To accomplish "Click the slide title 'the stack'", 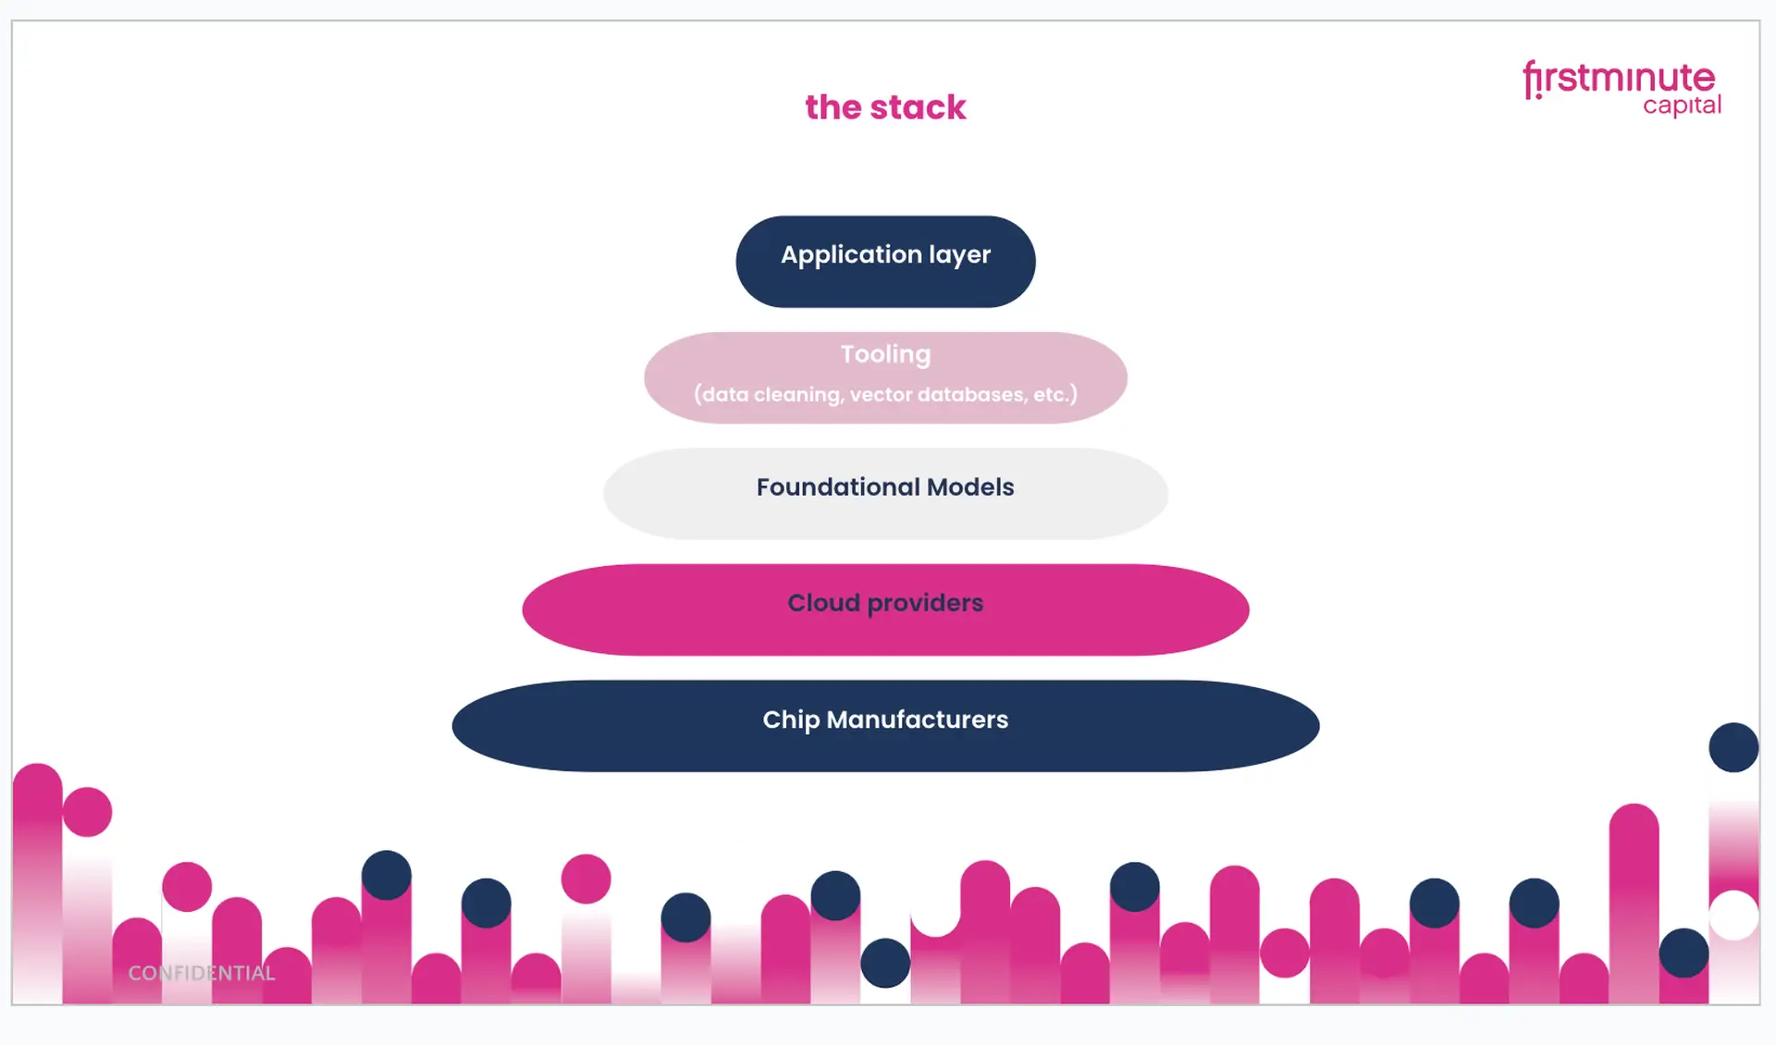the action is [885, 107].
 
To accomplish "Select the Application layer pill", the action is [885, 262].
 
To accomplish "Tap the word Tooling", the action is [885, 355].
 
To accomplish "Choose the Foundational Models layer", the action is [885, 494].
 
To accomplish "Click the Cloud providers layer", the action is [885, 610].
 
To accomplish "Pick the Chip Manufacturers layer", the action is [885, 726].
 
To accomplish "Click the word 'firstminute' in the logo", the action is [1620, 78].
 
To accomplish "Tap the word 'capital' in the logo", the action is [1682, 106].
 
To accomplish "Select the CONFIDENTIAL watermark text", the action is [202, 973].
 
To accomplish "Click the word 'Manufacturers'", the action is [917, 719].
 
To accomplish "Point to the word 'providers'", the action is [925, 603].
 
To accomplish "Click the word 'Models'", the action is [970, 487].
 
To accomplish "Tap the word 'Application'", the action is [851, 255].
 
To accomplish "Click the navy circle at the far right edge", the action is [1733, 747].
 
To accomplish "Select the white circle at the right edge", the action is [1733, 916].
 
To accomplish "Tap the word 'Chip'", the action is [791, 720].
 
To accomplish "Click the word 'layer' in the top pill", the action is [959, 255].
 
